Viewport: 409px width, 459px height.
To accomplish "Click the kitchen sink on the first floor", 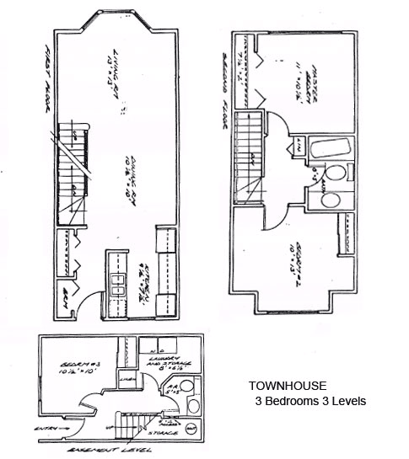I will (115, 296).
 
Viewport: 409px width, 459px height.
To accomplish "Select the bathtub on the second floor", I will (328, 150).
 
